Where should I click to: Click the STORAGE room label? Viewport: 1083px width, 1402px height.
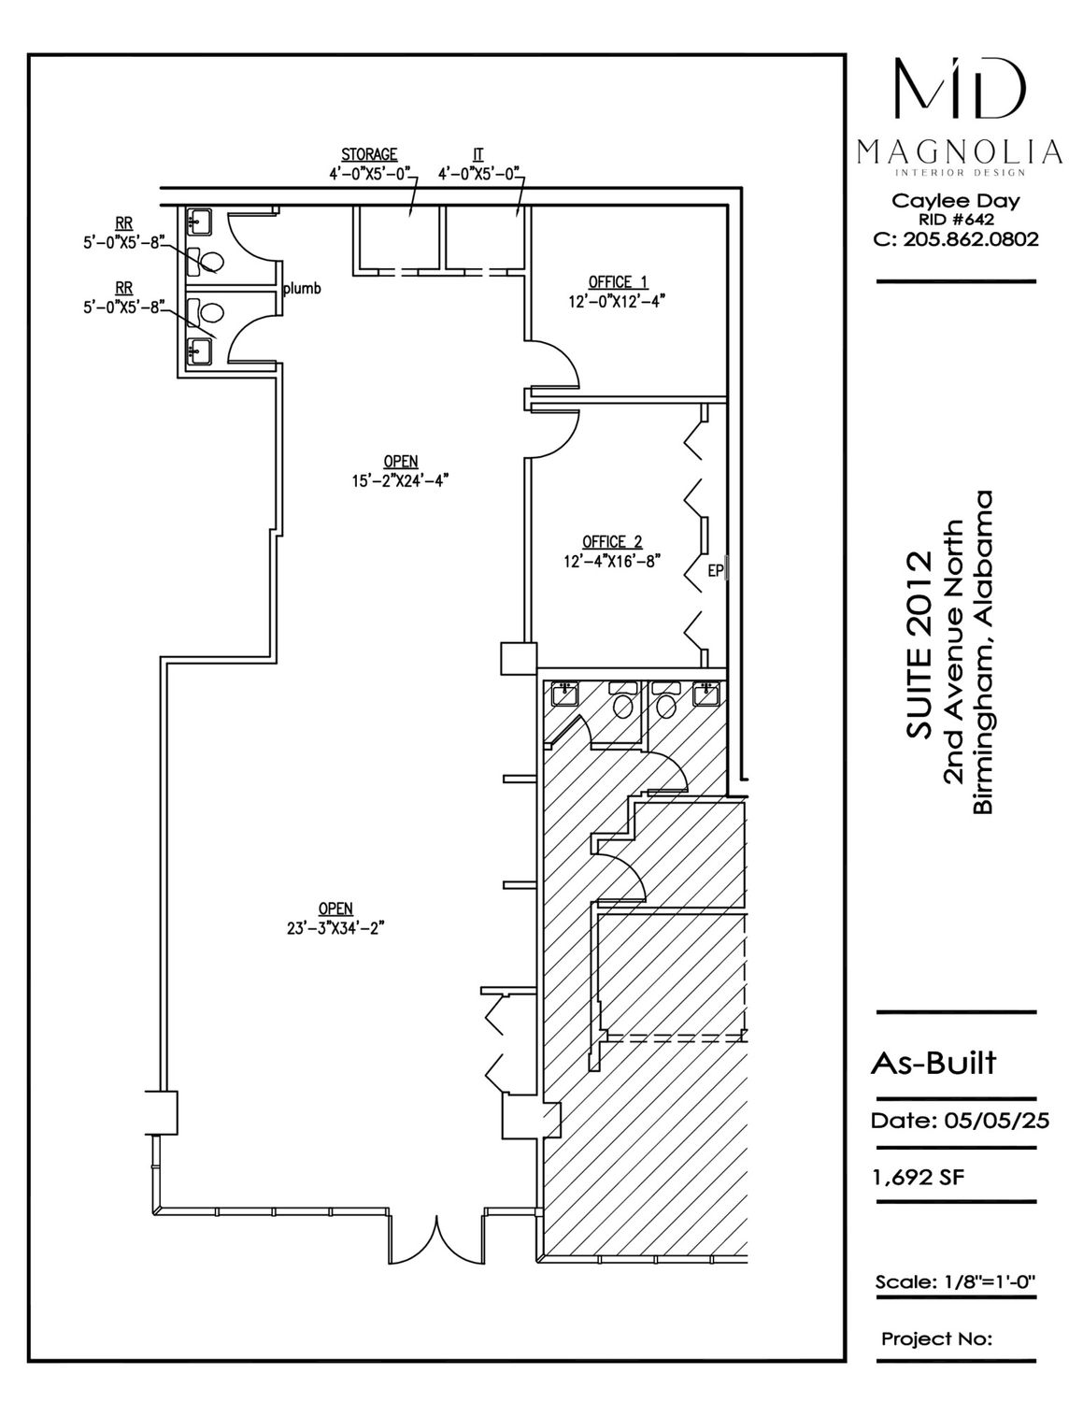[369, 155]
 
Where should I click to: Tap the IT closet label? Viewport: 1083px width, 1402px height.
[478, 155]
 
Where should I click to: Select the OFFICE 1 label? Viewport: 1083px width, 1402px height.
[618, 282]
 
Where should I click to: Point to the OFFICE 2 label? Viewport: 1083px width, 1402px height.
[612, 541]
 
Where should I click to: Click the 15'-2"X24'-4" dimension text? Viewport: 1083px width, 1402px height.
[401, 480]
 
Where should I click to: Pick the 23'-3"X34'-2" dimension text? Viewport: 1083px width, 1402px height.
[336, 928]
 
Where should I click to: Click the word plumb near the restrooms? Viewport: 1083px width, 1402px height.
[302, 288]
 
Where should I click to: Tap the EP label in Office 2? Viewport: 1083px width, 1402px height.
[716, 571]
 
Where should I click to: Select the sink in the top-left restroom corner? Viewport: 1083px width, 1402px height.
[199, 222]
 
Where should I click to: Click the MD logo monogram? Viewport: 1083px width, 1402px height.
[959, 89]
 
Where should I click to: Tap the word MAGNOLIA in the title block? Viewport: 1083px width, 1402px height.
[959, 152]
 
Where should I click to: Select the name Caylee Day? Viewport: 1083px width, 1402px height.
[956, 201]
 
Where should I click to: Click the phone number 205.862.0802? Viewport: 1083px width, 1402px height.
[971, 240]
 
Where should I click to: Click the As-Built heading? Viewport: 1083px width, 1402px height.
[933, 1063]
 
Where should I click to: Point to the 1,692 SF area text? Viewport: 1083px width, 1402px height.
[919, 1178]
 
